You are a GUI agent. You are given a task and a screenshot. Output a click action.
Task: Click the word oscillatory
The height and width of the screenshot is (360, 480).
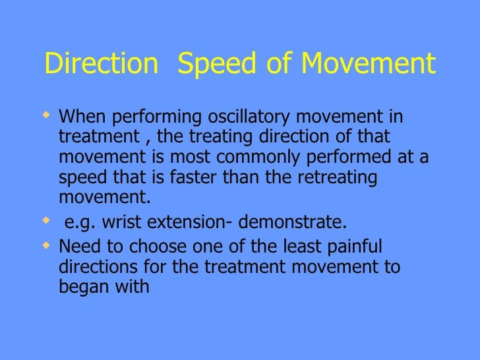(246, 117)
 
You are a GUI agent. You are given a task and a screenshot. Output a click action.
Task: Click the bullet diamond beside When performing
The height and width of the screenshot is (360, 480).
(46, 116)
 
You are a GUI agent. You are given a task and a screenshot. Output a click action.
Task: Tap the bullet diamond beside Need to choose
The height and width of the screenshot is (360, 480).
(46, 245)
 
